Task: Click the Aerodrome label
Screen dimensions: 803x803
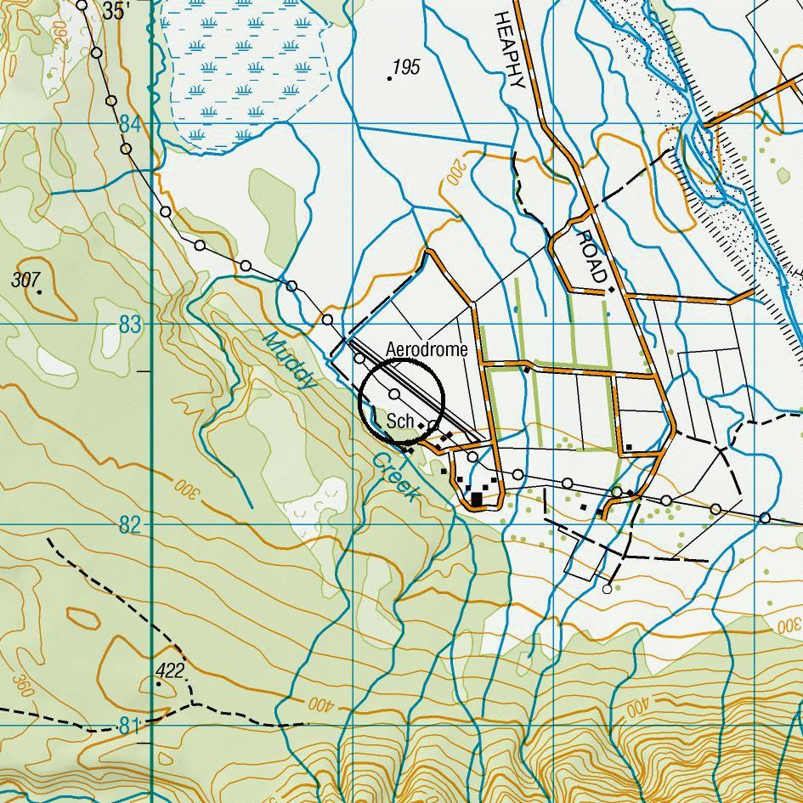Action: pos(427,349)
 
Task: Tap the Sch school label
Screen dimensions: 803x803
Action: pos(399,421)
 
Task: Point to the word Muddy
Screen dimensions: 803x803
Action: pos(290,360)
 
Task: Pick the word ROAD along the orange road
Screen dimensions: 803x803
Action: pos(591,255)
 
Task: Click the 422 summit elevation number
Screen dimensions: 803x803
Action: pos(170,671)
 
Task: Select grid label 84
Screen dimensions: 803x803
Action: pos(130,124)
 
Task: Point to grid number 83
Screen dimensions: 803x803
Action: pos(130,325)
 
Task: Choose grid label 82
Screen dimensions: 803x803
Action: pos(130,525)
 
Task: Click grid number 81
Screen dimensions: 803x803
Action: pos(127,726)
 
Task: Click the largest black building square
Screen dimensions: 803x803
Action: pos(478,499)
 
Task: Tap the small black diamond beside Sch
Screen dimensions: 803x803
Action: pos(421,425)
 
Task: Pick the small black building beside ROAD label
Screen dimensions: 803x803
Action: pos(611,290)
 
